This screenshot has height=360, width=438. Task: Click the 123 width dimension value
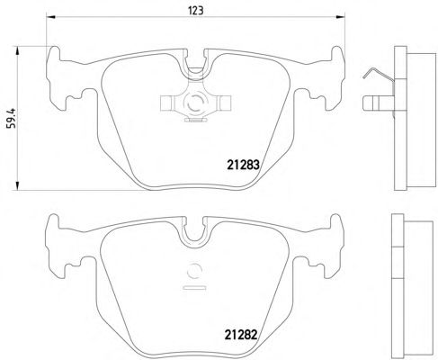[196, 11]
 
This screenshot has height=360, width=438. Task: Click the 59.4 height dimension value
[13, 118]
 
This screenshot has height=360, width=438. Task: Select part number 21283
[243, 165]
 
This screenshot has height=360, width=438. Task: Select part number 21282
[241, 335]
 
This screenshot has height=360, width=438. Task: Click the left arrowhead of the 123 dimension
[50, 17]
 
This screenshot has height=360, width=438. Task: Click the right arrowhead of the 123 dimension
[341, 17]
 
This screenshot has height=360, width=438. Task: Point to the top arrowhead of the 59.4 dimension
[18, 50]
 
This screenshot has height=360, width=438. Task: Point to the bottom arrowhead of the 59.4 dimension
[18, 186]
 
